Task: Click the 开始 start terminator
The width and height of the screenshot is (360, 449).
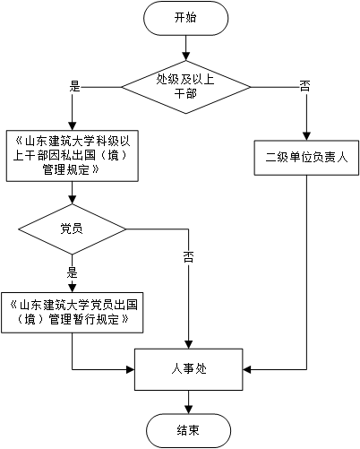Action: point(185,18)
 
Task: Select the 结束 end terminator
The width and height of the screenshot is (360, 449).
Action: point(188,430)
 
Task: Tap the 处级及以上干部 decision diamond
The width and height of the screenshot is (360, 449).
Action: point(186,87)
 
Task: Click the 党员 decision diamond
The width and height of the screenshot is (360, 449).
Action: point(73,229)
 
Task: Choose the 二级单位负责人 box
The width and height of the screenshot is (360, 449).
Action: point(306,158)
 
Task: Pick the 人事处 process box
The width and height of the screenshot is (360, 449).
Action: point(189,369)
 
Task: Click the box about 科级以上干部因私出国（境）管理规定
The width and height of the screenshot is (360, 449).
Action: point(73,156)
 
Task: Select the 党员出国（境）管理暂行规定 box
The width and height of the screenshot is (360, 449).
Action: point(73,313)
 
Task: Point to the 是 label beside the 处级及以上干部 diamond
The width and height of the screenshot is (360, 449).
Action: point(75,87)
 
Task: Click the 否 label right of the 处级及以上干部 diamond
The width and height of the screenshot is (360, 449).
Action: point(304,87)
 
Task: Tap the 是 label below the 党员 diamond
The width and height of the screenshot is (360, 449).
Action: point(72,272)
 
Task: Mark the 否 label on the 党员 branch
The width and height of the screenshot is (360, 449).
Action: point(188,257)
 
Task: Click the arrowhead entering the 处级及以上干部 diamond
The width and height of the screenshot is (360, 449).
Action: point(186,56)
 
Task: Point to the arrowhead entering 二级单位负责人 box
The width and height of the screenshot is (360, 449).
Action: point(306,136)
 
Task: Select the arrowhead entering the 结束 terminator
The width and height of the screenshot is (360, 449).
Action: point(188,410)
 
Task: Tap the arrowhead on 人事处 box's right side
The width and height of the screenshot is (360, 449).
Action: point(247,369)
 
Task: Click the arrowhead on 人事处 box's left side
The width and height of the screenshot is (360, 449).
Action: point(131,369)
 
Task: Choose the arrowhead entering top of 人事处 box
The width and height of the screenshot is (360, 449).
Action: point(188,344)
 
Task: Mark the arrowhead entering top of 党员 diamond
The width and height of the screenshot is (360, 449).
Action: point(73,200)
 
